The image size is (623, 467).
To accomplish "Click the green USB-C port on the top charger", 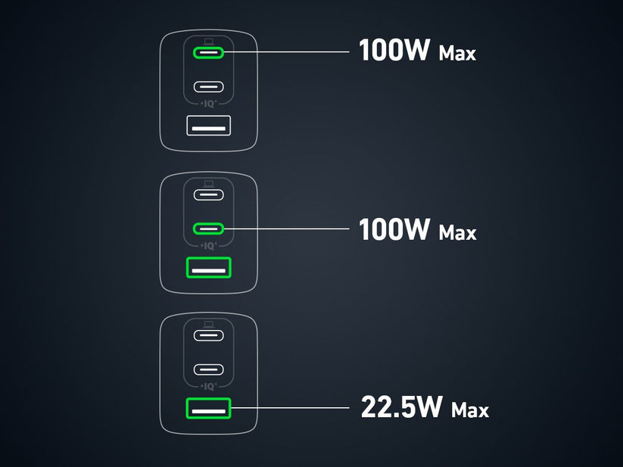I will click(209, 52).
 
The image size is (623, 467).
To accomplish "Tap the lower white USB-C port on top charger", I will click(209, 86).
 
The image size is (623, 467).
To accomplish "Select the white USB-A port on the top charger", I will click(209, 125).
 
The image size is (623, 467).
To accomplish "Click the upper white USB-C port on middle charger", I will click(209, 194).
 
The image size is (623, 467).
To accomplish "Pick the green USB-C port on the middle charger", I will click(209, 228).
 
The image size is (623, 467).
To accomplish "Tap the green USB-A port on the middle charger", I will click(209, 267).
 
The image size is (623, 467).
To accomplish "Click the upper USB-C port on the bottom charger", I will click(209, 335).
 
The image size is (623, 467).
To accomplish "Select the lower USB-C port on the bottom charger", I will click(209, 369).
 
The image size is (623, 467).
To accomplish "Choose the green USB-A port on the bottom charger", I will click(209, 409).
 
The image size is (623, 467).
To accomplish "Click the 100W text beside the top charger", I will click(394, 51).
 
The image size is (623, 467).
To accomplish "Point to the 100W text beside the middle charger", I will click(394, 229).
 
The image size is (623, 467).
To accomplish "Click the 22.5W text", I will click(401, 408).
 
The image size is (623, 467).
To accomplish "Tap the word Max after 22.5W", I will click(469, 410).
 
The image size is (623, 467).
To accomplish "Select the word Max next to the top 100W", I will click(457, 54).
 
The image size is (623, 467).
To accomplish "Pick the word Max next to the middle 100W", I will click(457, 232).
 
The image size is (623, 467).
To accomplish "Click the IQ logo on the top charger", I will click(209, 104).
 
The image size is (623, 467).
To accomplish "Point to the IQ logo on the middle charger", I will click(209, 245).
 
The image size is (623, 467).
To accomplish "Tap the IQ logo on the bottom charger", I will click(209, 387).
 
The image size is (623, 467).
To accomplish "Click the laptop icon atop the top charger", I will click(209, 40).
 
